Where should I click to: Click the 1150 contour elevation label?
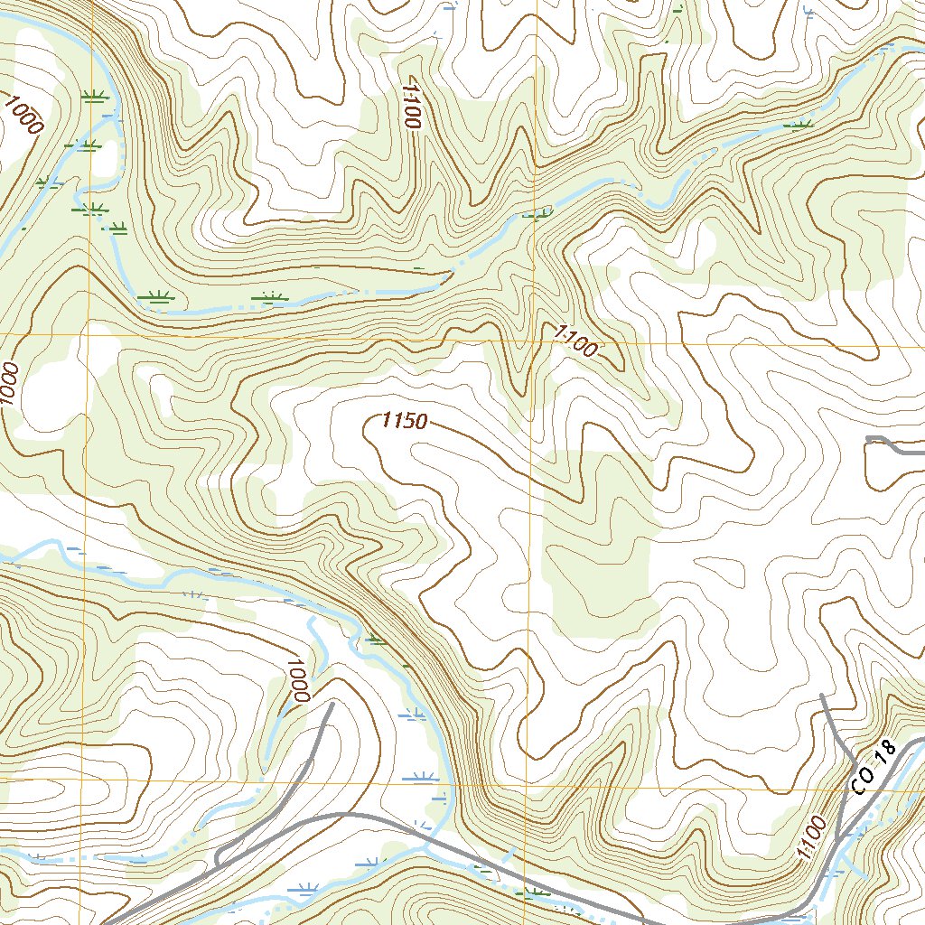click(x=403, y=420)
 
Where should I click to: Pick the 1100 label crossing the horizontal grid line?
click(x=575, y=343)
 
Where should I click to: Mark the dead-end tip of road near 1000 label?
click(x=332, y=704)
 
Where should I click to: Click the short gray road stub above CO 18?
click(x=890, y=443)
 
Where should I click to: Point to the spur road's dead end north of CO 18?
click(x=823, y=696)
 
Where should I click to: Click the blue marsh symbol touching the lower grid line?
click(x=423, y=776)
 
